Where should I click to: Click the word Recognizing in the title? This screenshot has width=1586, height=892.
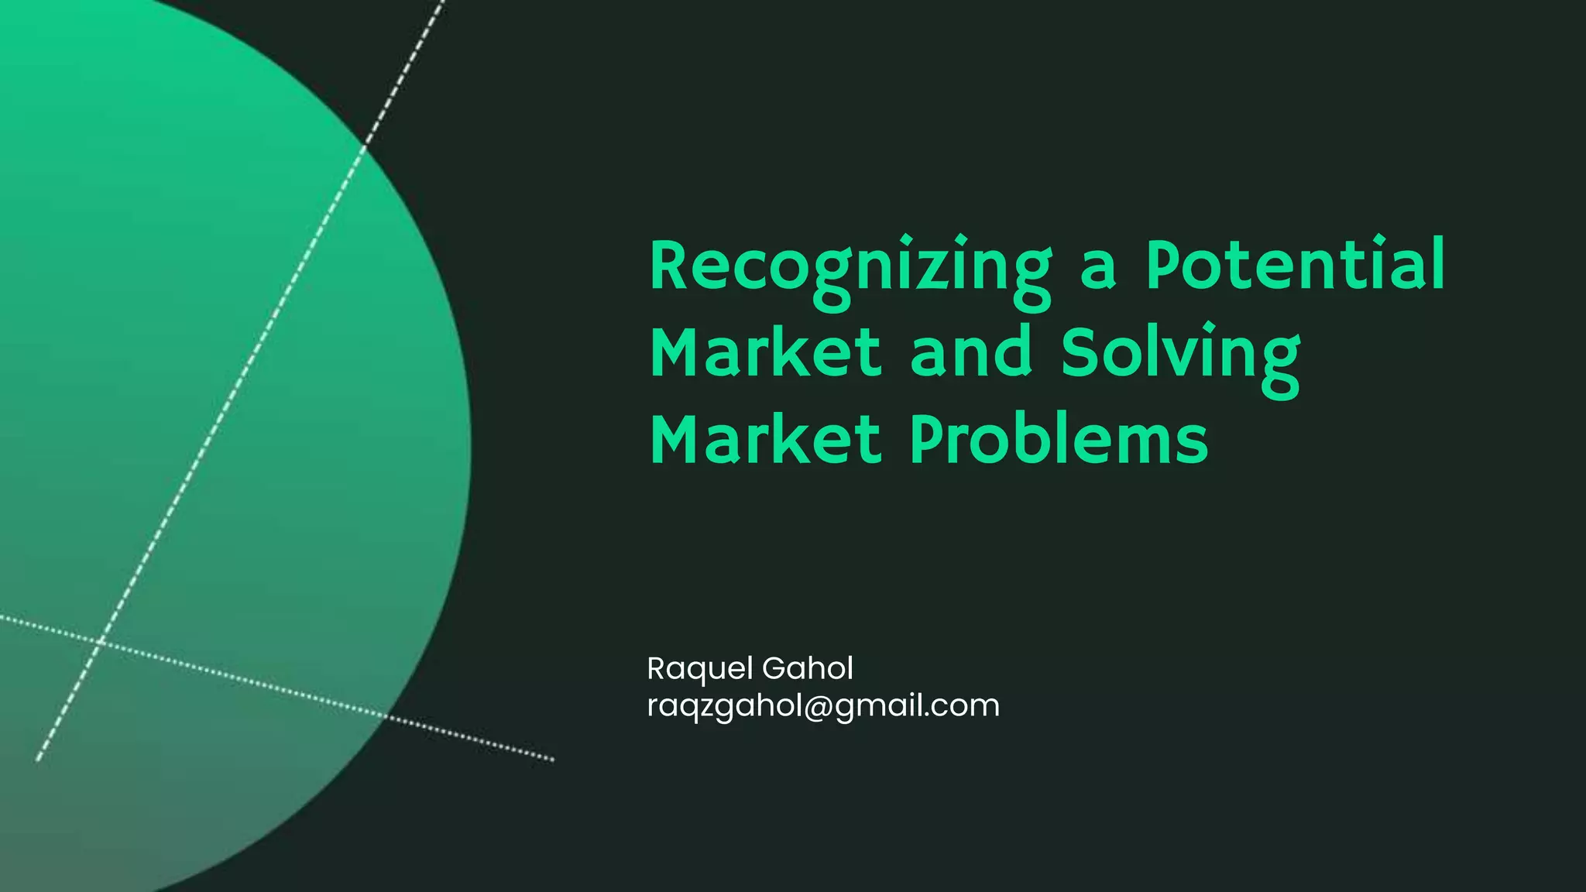[850, 267]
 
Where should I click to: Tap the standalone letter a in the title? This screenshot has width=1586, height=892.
[1098, 267]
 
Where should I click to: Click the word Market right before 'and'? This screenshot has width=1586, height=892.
[765, 352]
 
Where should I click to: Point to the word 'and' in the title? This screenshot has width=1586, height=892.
[971, 352]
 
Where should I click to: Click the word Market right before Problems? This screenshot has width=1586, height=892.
[765, 439]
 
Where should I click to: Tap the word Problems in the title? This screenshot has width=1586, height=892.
[1059, 439]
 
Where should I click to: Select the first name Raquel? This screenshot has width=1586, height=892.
[700, 669]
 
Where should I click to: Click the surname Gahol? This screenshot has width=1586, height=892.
[808, 668]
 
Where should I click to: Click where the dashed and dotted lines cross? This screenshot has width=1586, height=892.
[100, 642]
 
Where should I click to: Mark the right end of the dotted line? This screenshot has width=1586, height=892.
[552, 760]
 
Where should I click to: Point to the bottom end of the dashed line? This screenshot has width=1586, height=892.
[38, 759]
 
